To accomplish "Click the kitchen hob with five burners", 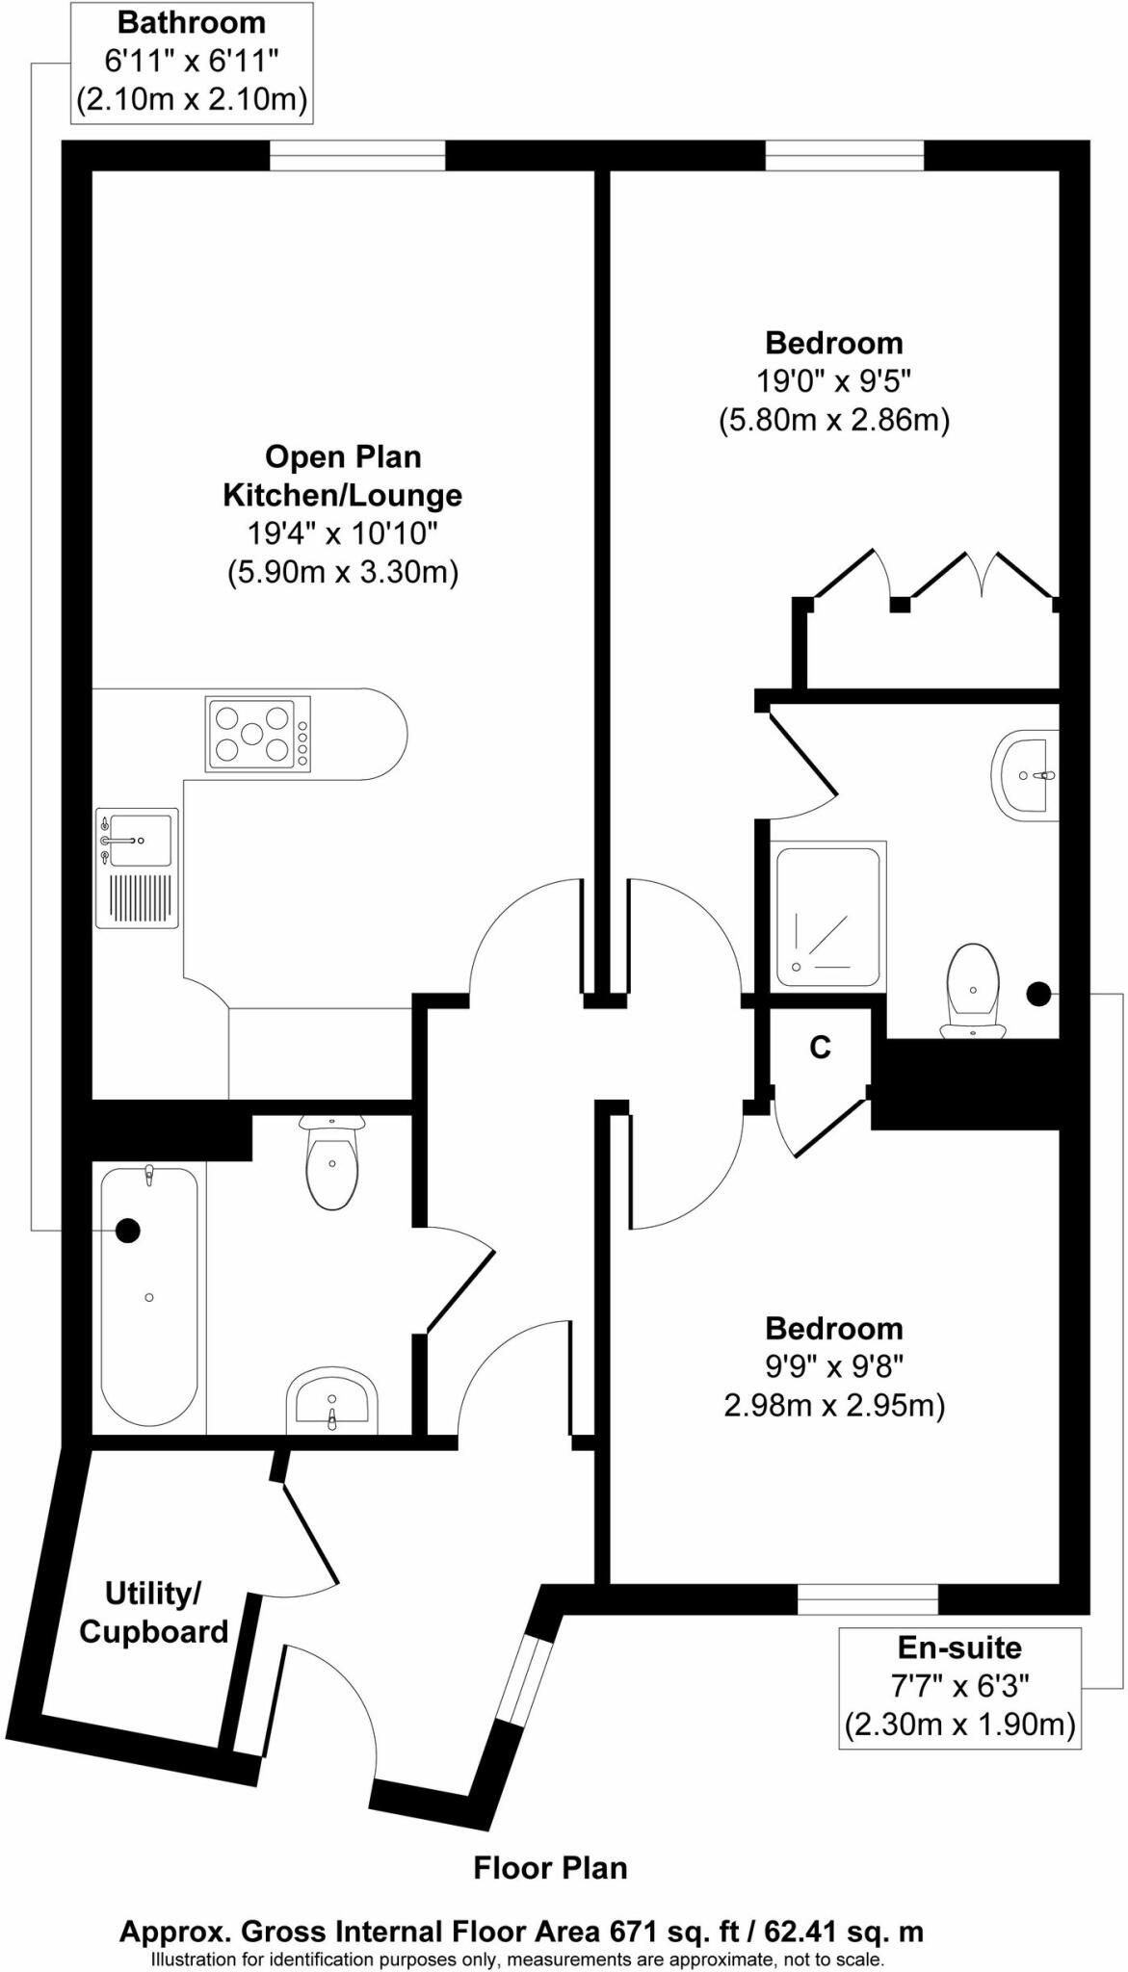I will (x=258, y=734).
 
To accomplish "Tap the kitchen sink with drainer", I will (x=137, y=868).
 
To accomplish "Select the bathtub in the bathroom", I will (x=149, y=1296).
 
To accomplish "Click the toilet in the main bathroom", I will (x=332, y=1163).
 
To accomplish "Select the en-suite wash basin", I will (x=1027, y=775).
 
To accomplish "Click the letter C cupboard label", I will (x=820, y=1047).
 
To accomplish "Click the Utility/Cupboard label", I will (x=153, y=1612).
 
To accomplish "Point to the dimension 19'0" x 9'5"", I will (x=833, y=381).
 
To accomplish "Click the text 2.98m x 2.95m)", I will (x=834, y=1406).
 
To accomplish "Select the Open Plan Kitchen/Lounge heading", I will (x=343, y=476).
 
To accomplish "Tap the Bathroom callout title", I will (x=191, y=22).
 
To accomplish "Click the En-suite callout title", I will (x=959, y=1648).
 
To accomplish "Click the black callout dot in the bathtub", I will (x=127, y=1230).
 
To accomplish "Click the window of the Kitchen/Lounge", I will (x=357, y=155).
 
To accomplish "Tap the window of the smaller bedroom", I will (x=867, y=1599).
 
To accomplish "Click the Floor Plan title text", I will (x=550, y=1868).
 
